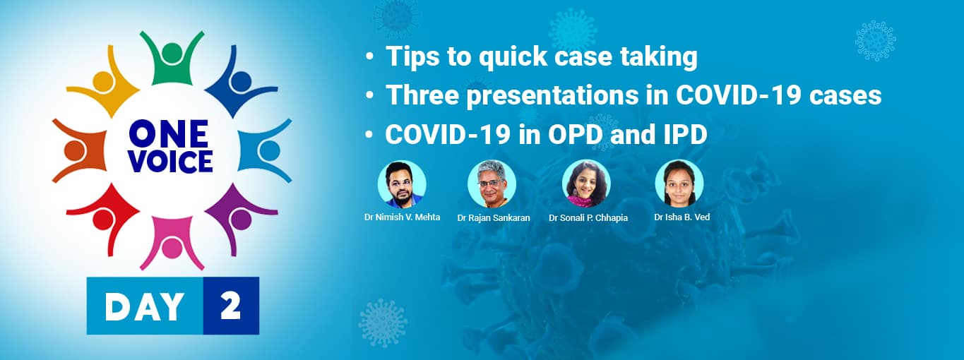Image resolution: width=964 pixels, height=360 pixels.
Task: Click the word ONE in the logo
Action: point(169,133)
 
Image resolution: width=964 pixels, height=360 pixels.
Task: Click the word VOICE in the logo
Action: point(170,162)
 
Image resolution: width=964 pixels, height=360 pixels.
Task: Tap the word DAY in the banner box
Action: point(144,306)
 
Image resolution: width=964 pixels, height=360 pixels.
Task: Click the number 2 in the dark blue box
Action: point(230,306)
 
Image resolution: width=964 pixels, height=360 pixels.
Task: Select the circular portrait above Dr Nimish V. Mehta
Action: point(402,184)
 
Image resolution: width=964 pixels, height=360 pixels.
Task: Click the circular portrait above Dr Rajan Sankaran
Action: point(492,184)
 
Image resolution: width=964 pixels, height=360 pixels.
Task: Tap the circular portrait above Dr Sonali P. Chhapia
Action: point(586,184)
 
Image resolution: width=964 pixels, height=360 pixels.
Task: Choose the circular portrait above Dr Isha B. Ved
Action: point(679,184)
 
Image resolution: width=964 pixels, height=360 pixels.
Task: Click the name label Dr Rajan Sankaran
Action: point(494,218)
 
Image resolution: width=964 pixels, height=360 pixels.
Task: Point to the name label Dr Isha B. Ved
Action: point(682,217)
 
